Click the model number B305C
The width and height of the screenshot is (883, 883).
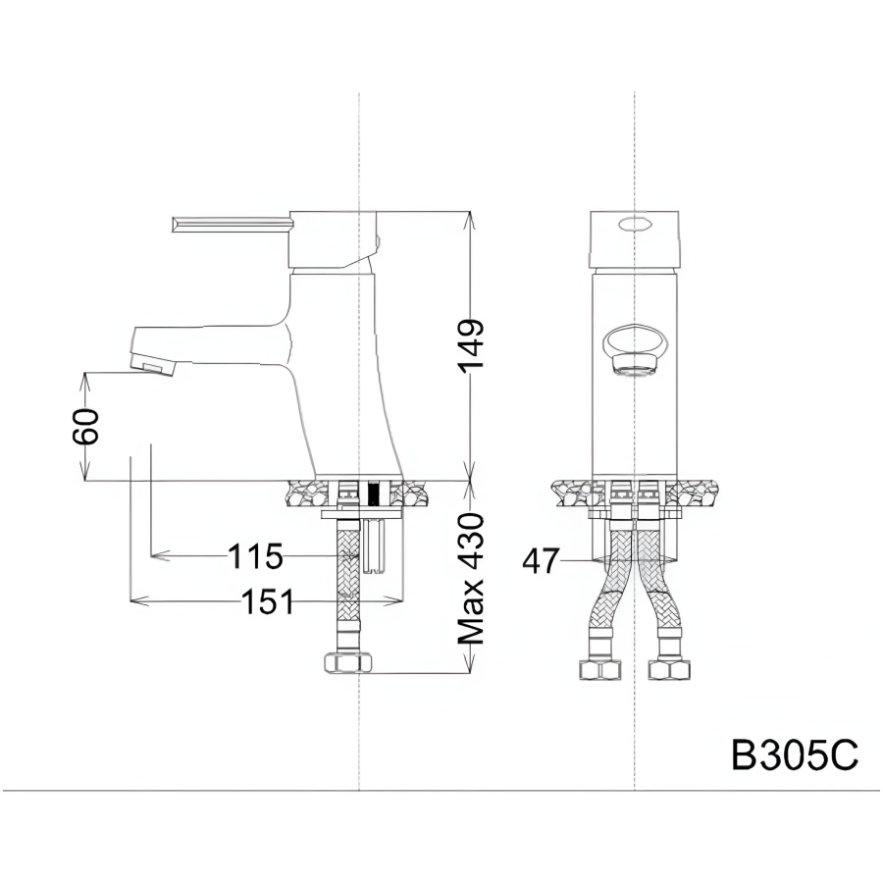click(x=795, y=754)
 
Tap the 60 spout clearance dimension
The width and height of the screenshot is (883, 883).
click(x=85, y=427)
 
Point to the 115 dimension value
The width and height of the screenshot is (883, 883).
click(x=255, y=556)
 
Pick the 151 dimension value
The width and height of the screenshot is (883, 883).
click(x=268, y=601)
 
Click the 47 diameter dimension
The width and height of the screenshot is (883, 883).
click(x=542, y=561)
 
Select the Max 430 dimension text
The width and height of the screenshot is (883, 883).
click(x=471, y=579)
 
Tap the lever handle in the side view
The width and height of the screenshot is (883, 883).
click(x=233, y=224)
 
